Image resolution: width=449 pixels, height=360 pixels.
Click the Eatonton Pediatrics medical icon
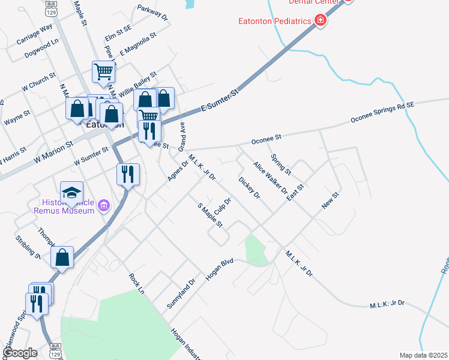click(321, 21)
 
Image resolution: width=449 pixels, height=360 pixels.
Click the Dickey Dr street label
click(249, 188)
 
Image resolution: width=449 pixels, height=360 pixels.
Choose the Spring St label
click(281, 164)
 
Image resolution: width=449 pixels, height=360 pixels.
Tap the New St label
click(331, 200)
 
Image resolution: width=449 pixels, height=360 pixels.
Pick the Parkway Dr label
click(152, 13)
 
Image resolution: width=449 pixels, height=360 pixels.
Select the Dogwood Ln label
click(41, 49)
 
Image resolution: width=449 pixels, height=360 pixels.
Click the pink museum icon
click(104, 206)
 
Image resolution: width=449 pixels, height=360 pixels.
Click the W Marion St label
click(53, 152)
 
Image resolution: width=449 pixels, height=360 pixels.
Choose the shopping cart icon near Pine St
click(103, 72)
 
